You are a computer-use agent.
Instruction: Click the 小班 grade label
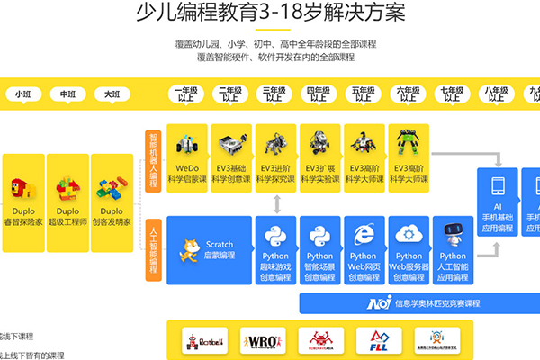tap(21, 94)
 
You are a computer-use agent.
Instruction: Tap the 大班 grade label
tap(112, 94)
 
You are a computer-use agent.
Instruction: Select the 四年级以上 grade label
tap(318, 94)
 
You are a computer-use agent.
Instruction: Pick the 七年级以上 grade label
tap(452, 94)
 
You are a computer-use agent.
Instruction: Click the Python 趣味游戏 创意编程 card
tap(275, 249)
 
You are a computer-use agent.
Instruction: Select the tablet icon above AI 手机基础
tap(498, 187)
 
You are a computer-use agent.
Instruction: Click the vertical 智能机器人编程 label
tap(153, 156)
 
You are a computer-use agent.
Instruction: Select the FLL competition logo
tap(377, 339)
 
